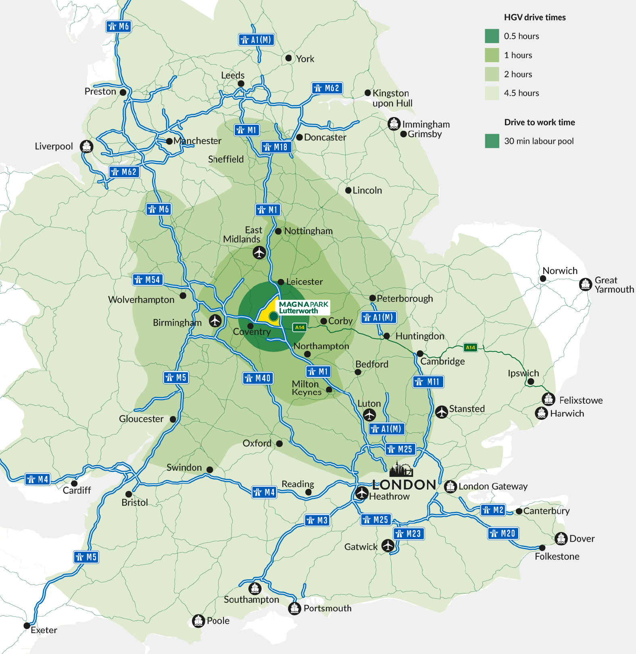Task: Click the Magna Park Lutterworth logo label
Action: coord(303,307)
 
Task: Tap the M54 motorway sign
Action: coord(148,279)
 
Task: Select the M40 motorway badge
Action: coord(258,378)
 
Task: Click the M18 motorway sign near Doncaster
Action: coord(276,147)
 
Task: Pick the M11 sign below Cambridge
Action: coord(428,381)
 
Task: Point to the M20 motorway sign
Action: coord(503,533)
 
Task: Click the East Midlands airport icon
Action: coord(259,253)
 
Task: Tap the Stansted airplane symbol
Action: coord(442,412)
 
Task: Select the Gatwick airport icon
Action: coord(388,545)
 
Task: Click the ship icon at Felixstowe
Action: coord(548,399)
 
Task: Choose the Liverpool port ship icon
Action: coord(87,146)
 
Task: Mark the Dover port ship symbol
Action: coord(561,538)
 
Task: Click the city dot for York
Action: coord(288,58)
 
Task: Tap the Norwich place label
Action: coord(560,270)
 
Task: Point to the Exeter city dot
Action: coord(27,626)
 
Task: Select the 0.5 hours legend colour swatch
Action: coord(492,36)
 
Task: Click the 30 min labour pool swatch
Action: coord(492,141)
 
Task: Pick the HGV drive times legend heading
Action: coord(534,17)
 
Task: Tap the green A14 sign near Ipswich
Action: coord(470,347)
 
